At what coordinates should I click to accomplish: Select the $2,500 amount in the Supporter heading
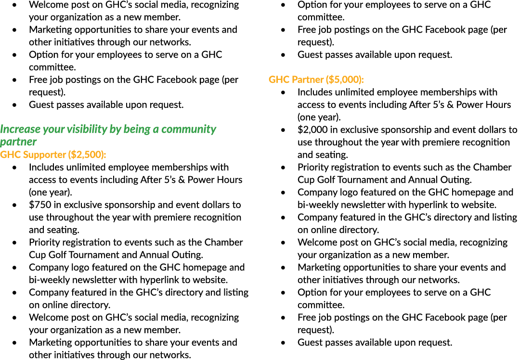[86, 155]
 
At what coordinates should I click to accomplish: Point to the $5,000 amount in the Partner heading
[344, 79]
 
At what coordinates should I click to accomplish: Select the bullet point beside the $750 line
[14, 205]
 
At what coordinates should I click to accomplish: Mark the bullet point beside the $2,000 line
[283, 130]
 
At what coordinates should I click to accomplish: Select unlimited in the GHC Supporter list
[87, 167]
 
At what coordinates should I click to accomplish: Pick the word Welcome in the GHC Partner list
[317, 242]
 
